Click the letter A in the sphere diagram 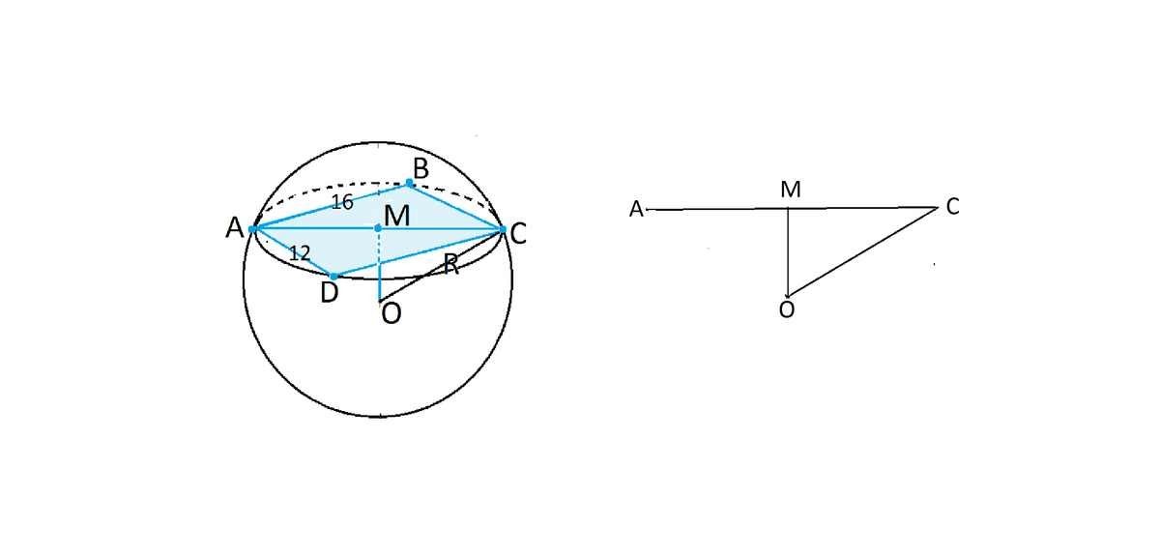(235, 227)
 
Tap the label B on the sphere (420, 168)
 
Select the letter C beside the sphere (518, 234)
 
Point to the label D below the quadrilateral (330, 293)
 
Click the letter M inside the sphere (397, 216)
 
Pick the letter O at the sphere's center (391, 313)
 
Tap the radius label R (451, 265)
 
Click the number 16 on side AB (342, 202)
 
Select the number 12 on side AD (300, 252)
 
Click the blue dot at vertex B (409, 183)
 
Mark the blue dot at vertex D (334, 277)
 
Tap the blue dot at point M (378, 228)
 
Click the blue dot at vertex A (252, 229)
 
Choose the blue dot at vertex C (503, 229)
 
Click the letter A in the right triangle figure (636, 209)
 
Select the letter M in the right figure (791, 190)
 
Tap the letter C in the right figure (952, 206)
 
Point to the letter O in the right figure (787, 309)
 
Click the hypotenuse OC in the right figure (862, 251)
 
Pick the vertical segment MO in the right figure (788, 252)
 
